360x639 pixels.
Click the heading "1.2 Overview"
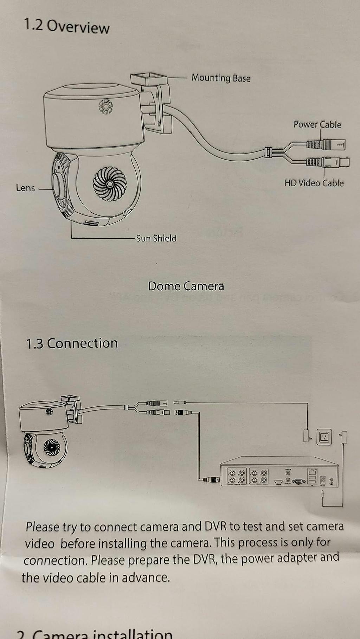(66, 26)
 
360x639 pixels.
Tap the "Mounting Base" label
(221, 78)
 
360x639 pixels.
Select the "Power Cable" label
(317, 124)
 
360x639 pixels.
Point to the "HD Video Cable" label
(314, 183)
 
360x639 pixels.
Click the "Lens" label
(26, 188)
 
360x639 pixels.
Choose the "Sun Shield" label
(156, 238)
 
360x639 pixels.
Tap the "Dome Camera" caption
(186, 286)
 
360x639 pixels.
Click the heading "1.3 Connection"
(72, 343)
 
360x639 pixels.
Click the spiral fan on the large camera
(109, 184)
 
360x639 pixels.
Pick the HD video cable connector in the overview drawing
(330, 162)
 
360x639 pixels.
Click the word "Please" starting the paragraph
(43, 527)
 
